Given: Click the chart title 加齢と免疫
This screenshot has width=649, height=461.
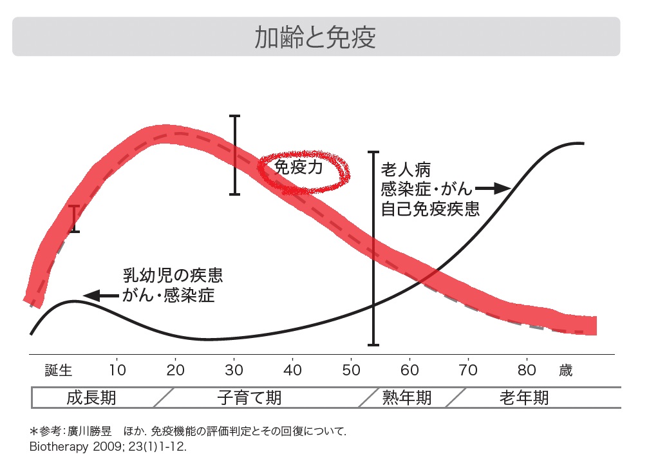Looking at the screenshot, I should pyautogui.click(x=315, y=37).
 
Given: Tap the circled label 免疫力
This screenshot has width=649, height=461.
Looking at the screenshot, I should pyautogui.click(x=299, y=167).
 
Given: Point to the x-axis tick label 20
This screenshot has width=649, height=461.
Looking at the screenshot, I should pyautogui.click(x=175, y=370).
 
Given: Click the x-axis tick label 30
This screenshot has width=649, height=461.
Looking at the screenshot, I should pyautogui.click(x=234, y=370).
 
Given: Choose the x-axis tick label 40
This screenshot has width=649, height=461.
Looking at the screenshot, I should pyautogui.click(x=292, y=370).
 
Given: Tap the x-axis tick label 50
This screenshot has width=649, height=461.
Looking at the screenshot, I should pyautogui.click(x=351, y=370).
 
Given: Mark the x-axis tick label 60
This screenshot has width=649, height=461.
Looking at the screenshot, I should pyautogui.click(x=409, y=370).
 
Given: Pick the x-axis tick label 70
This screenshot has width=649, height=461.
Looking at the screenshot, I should pyautogui.click(x=468, y=370).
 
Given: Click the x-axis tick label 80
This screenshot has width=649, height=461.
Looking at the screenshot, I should pyautogui.click(x=527, y=370).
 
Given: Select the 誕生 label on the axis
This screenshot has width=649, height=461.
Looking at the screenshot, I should pyautogui.click(x=59, y=370).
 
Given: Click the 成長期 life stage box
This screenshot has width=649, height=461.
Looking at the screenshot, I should pyautogui.click(x=91, y=397).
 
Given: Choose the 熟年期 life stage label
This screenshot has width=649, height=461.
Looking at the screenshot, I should pyautogui.click(x=406, y=397).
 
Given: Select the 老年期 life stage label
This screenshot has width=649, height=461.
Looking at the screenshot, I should pyautogui.click(x=524, y=397).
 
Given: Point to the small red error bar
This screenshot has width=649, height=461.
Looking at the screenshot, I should pyautogui.click(x=75, y=219).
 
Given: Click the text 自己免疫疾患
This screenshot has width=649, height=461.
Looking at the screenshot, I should pyautogui.click(x=430, y=209).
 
